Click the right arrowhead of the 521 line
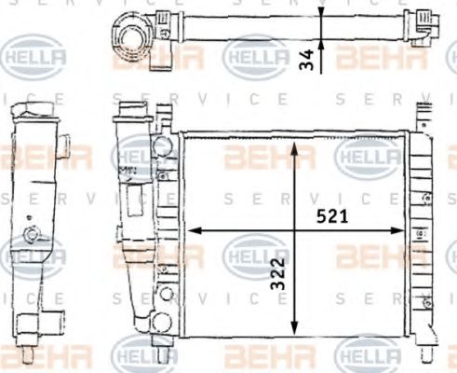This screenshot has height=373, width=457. pos(401,230)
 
